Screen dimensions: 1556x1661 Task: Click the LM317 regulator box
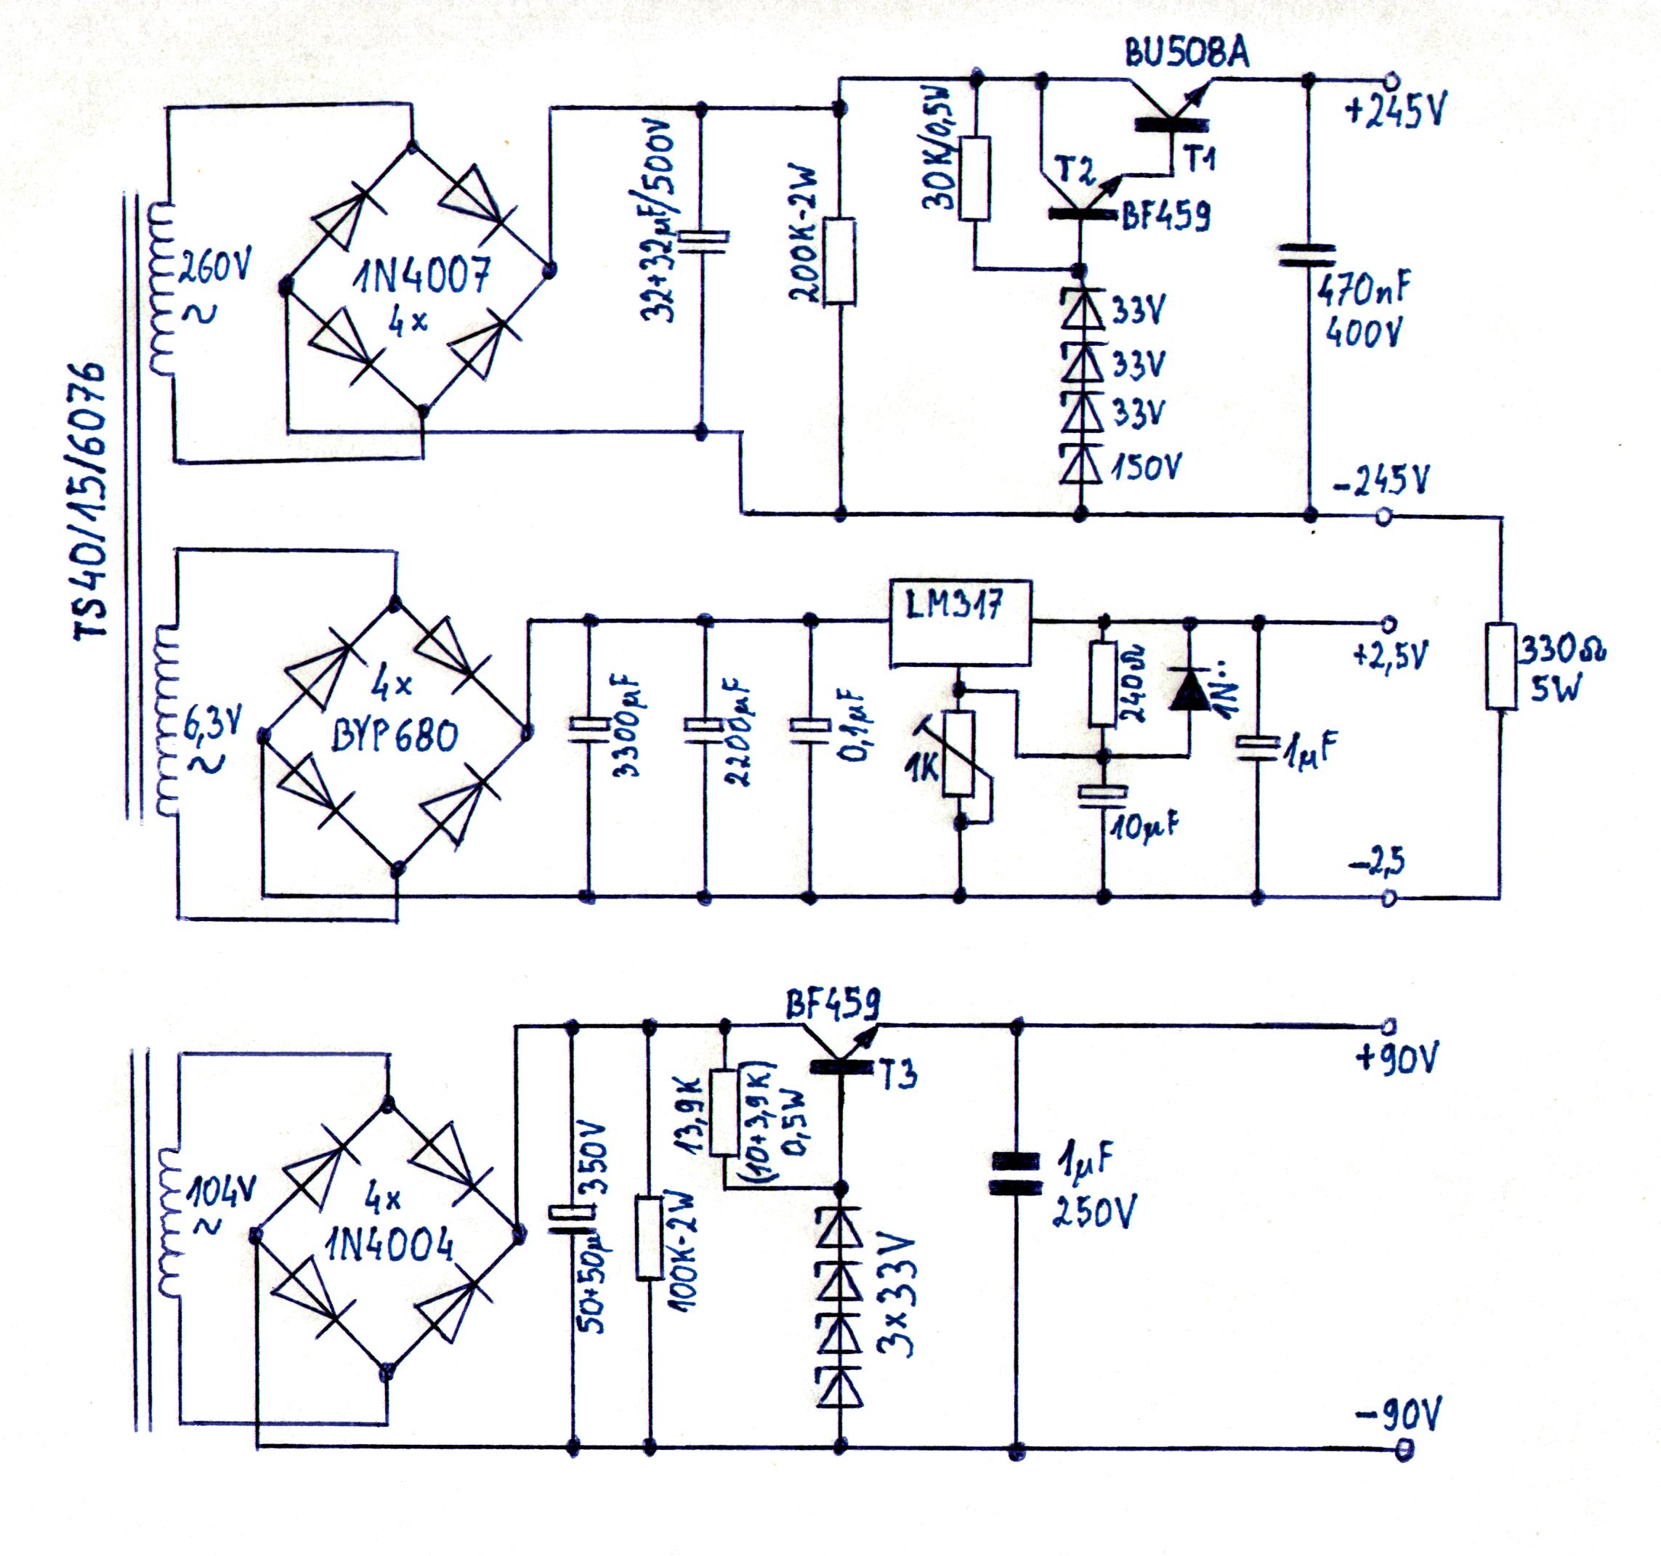tap(959, 623)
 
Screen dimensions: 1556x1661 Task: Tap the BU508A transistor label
tap(1187, 54)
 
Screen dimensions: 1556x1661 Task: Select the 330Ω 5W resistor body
tap(1500, 665)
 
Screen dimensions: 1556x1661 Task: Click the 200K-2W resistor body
tap(840, 262)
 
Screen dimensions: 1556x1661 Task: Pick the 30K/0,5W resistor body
tap(974, 179)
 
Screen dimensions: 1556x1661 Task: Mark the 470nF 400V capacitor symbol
tap(1309, 256)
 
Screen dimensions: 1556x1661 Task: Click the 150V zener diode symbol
tap(1080, 463)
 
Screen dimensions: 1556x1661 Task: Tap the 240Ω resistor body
tap(1103, 684)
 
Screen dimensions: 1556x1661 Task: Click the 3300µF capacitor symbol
tap(589, 729)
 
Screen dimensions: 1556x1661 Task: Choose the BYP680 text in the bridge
tap(395, 737)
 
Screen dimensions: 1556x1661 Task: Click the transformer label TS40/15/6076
tap(90, 501)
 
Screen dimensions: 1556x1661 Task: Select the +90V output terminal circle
tap(1389, 1026)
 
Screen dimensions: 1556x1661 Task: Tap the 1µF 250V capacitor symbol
tap(1016, 1173)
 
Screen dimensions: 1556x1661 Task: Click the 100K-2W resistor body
tap(649, 1237)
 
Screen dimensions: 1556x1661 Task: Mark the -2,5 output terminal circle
tap(1389, 898)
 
